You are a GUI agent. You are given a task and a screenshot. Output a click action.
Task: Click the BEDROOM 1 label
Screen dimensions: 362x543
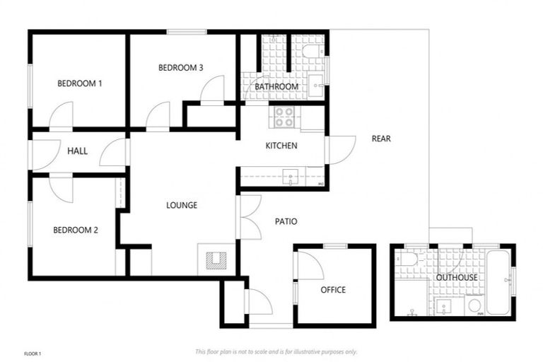point(79,83)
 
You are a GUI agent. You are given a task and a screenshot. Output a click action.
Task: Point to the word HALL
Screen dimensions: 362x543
point(77,151)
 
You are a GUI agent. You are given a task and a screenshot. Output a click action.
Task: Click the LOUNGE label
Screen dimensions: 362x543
point(181,205)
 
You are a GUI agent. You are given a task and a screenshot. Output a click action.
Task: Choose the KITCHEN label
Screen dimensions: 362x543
point(281,146)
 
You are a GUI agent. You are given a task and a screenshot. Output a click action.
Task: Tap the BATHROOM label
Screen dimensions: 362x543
point(276,87)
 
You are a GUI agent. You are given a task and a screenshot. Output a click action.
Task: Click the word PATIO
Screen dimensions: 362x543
point(286,221)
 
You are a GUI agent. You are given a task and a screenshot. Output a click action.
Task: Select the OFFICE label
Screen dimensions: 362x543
point(333,290)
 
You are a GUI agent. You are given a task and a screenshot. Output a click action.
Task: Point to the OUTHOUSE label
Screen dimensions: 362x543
point(456,278)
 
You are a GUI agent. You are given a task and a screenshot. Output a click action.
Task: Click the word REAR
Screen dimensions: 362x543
point(381,139)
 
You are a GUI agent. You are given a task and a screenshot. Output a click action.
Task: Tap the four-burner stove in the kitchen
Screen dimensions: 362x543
point(284,117)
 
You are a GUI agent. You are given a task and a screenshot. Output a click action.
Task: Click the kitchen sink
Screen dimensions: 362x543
point(291,177)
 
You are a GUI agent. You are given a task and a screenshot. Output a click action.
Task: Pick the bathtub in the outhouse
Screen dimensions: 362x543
point(498,283)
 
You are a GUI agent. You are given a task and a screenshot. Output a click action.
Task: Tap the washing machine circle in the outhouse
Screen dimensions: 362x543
point(475,305)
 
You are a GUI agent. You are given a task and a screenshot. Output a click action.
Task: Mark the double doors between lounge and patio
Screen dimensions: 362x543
point(247,217)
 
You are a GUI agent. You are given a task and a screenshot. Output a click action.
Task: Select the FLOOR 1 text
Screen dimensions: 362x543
point(33,353)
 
